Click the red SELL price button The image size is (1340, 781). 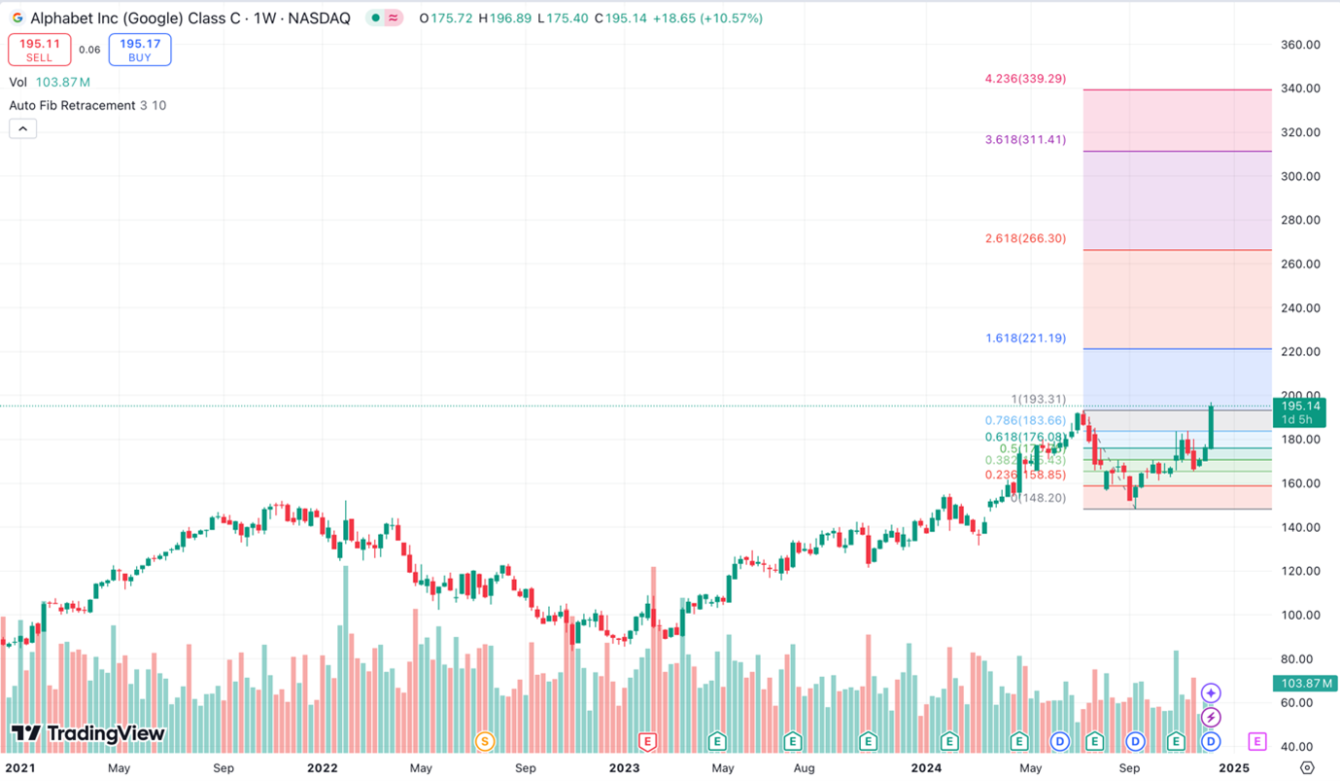tap(39, 50)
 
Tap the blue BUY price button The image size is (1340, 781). tap(140, 50)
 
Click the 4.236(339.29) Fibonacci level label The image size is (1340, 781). tap(1025, 79)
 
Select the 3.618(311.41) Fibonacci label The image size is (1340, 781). tap(1025, 140)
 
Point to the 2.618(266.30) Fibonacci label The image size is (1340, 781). tap(1025, 238)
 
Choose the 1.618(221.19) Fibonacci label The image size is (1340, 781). tap(1025, 338)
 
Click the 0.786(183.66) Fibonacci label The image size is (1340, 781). tap(1025, 420)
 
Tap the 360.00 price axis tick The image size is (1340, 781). tap(1300, 45)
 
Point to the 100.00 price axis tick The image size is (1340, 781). tap(1300, 615)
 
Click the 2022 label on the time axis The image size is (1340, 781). tap(322, 767)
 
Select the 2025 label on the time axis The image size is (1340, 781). tap(1234, 767)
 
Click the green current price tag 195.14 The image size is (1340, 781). tap(1300, 412)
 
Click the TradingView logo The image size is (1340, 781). tap(88, 734)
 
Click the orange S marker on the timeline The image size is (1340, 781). tap(484, 742)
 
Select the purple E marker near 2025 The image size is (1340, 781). tap(1256, 742)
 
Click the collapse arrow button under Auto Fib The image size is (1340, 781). tap(23, 128)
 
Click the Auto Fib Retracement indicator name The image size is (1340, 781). tap(72, 105)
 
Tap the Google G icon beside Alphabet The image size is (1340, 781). tap(17, 18)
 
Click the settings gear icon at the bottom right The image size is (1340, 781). tap(1307, 768)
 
